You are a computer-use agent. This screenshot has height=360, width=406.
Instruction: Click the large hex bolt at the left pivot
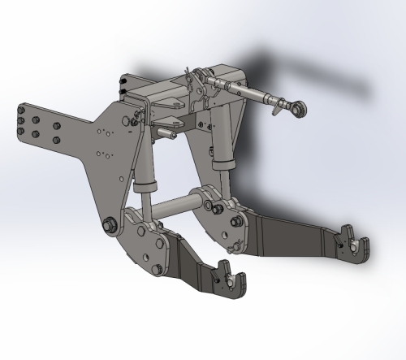click(x=108, y=224)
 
